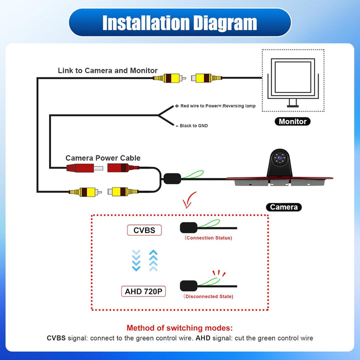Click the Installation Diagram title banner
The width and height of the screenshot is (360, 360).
coord(180,22)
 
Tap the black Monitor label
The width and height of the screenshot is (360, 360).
coord(292,121)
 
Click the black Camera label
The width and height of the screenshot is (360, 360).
coord(284,207)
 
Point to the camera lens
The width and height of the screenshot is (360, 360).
coord(279,158)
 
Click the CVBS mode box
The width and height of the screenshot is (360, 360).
coord(144,230)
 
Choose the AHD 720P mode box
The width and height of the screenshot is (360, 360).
coord(143,291)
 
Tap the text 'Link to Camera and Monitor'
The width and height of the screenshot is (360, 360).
coord(107,70)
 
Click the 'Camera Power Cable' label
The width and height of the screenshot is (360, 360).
coord(103,158)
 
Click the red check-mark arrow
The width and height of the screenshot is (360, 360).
coord(189,200)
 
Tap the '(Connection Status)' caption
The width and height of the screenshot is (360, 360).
coord(208,238)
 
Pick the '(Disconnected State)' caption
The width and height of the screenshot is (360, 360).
coord(208,296)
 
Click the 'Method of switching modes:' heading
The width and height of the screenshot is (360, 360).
coord(179,328)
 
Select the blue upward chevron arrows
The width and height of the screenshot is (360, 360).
coord(153,260)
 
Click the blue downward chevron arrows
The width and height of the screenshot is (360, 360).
coord(136,260)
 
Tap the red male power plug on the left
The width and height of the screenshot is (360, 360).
coord(84,168)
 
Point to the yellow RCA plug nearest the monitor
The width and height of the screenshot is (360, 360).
coord(206,78)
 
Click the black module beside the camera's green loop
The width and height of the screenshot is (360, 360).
coord(172,178)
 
